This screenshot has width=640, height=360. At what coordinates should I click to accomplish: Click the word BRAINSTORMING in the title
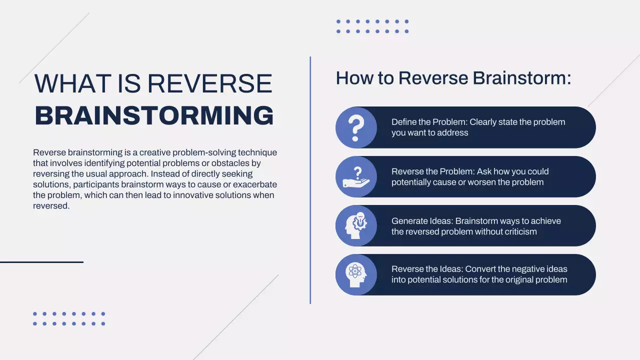(154, 115)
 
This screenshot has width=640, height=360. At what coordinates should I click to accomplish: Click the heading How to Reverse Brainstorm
(453, 78)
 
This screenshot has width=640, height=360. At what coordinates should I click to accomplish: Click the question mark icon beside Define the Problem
(355, 127)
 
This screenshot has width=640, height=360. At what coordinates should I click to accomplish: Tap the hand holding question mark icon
(355, 177)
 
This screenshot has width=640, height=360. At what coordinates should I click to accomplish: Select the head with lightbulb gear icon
(355, 225)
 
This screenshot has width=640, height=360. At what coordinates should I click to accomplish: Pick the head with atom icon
(355, 274)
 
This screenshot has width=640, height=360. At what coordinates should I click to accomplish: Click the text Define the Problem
(429, 122)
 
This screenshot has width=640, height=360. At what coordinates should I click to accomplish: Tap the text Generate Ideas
(422, 221)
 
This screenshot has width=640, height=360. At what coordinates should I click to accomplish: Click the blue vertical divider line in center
(310, 180)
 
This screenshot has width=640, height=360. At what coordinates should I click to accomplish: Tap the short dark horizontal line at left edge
(41, 261)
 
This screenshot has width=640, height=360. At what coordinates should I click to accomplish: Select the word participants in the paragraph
(96, 184)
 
